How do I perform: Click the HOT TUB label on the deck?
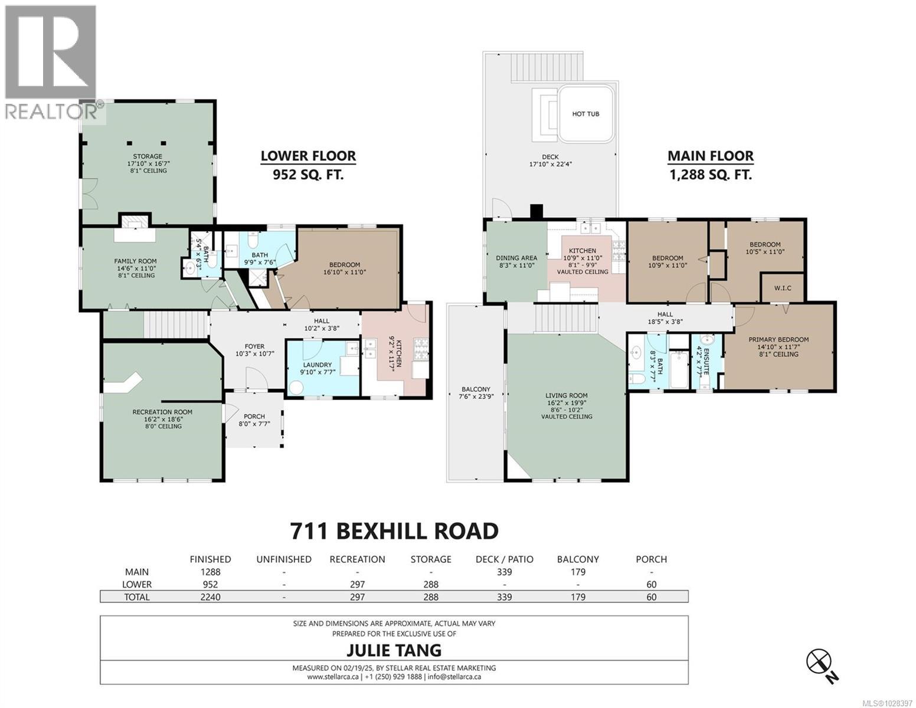(585, 113)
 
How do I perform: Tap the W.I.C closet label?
(782, 288)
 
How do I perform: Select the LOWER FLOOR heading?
(308, 156)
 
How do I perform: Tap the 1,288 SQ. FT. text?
(710, 175)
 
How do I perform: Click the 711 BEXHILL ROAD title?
(394, 531)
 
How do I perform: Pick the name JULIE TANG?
(393, 650)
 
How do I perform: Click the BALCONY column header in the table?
(578, 559)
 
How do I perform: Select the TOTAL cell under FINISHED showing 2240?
(210, 597)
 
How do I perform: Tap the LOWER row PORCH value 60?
(651, 585)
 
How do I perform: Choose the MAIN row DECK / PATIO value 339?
(504, 572)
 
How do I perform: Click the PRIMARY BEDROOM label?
(778, 339)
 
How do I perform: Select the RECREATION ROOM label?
(162, 412)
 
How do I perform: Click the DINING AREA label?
(516, 258)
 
